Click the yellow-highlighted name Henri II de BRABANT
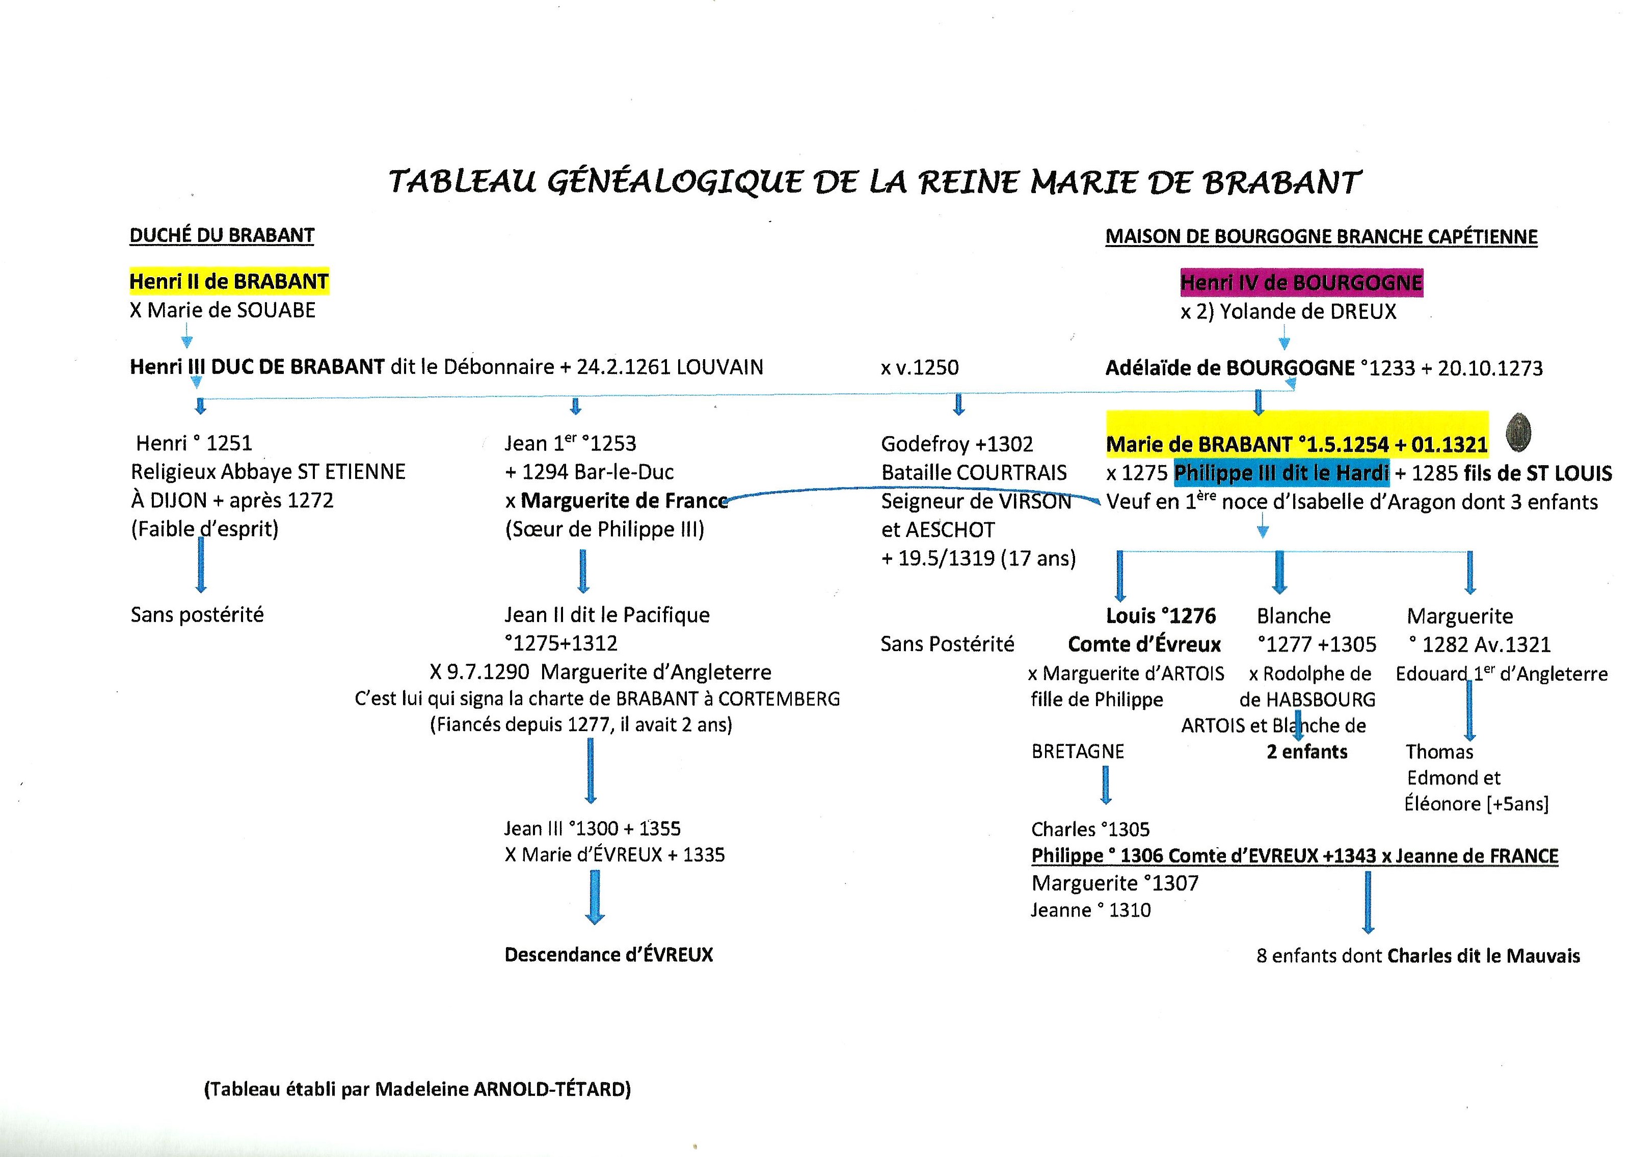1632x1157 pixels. pyautogui.click(x=229, y=281)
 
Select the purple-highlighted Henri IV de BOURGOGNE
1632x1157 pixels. pyautogui.click(x=1301, y=283)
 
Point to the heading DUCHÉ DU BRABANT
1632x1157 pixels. pyautogui.click(x=222, y=236)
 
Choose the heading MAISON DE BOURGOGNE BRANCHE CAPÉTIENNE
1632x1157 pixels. pyautogui.click(x=1321, y=236)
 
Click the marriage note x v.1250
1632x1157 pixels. pyautogui.click(x=919, y=368)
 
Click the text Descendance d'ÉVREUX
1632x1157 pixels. pyautogui.click(x=608, y=955)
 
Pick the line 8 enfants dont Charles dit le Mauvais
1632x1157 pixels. pyautogui.click(x=1417, y=956)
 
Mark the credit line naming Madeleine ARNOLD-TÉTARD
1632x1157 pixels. pyautogui.click(x=417, y=1089)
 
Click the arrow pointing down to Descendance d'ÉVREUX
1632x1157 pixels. pyautogui.click(x=595, y=898)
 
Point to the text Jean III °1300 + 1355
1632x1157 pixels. pyautogui.click(x=592, y=828)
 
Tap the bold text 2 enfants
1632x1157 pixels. pyautogui.click(x=1306, y=751)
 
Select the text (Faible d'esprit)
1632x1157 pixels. pyautogui.click(x=204, y=529)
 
